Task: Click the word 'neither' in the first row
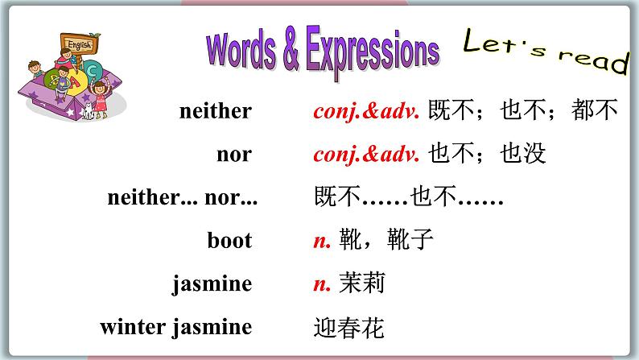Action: tap(215, 111)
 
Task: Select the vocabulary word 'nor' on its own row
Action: tap(233, 154)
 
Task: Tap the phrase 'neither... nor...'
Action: tap(182, 197)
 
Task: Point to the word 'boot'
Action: tap(229, 241)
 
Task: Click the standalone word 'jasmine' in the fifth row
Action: tap(212, 284)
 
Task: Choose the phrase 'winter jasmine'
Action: tap(175, 327)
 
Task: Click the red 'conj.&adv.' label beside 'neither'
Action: tap(366, 111)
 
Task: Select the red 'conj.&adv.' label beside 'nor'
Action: tap(366, 154)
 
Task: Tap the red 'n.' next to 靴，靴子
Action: tap(322, 241)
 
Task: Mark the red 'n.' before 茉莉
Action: tap(322, 284)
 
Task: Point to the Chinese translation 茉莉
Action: tap(362, 284)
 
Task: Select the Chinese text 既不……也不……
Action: tap(408, 197)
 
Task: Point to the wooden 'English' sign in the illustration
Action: tap(78, 44)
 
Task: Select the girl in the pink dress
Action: tap(99, 95)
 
